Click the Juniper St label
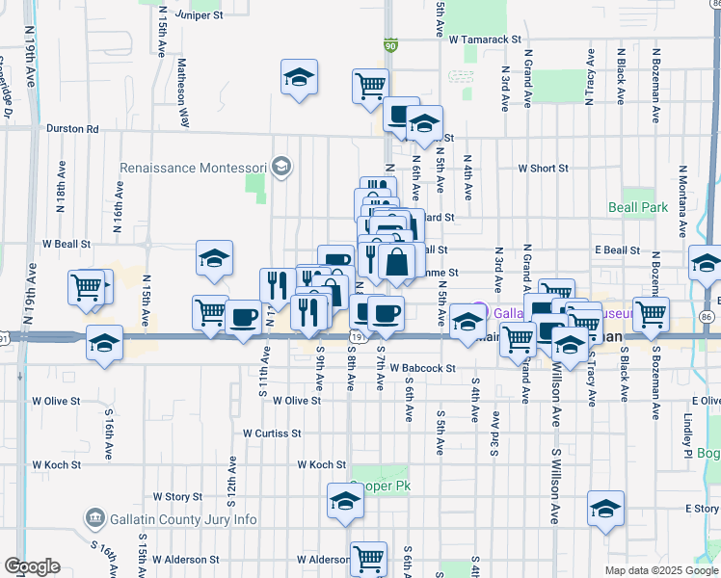click(x=197, y=15)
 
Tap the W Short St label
click(x=543, y=168)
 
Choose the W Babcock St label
click(x=415, y=368)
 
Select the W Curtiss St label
click(x=273, y=433)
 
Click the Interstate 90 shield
click(x=389, y=44)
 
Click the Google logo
click(x=32, y=566)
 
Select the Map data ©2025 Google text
click(x=660, y=570)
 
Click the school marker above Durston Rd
click(x=300, y=77)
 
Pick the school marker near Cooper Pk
click(x=344, y=502)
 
